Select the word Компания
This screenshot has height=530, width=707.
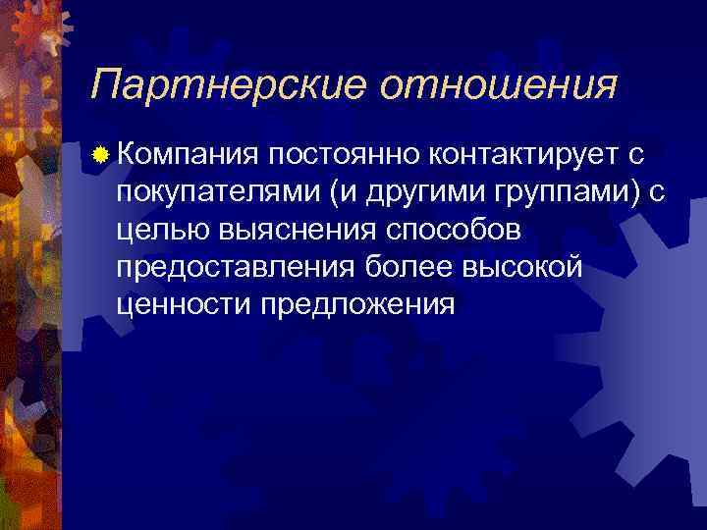[x=189, y=154]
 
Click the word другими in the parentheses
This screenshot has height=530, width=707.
[x=403, y=191]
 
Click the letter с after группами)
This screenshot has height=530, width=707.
[x=657, y=191]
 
